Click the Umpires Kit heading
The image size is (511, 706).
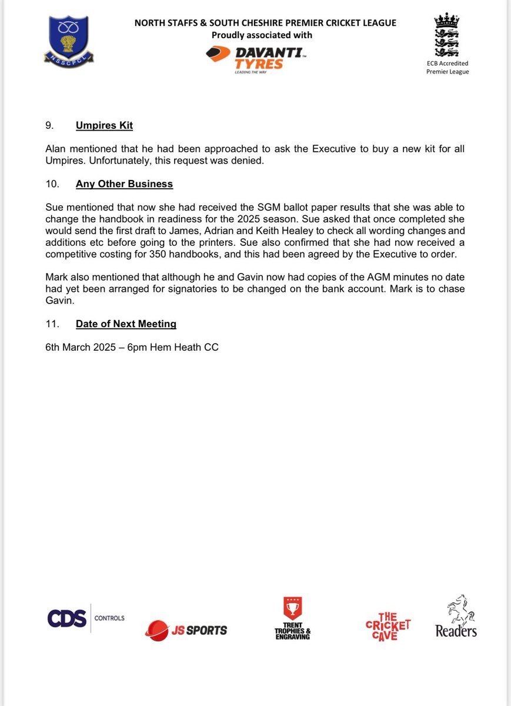(104, 125)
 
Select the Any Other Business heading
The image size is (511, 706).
(124, 184)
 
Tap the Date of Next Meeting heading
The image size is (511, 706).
(126, 324)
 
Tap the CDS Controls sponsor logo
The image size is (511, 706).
(86, 618)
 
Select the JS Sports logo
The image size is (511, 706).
(186, 630)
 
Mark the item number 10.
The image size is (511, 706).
(52, 184)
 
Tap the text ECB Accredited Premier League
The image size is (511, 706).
(447, 67)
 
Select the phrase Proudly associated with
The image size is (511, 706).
(262, 35)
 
